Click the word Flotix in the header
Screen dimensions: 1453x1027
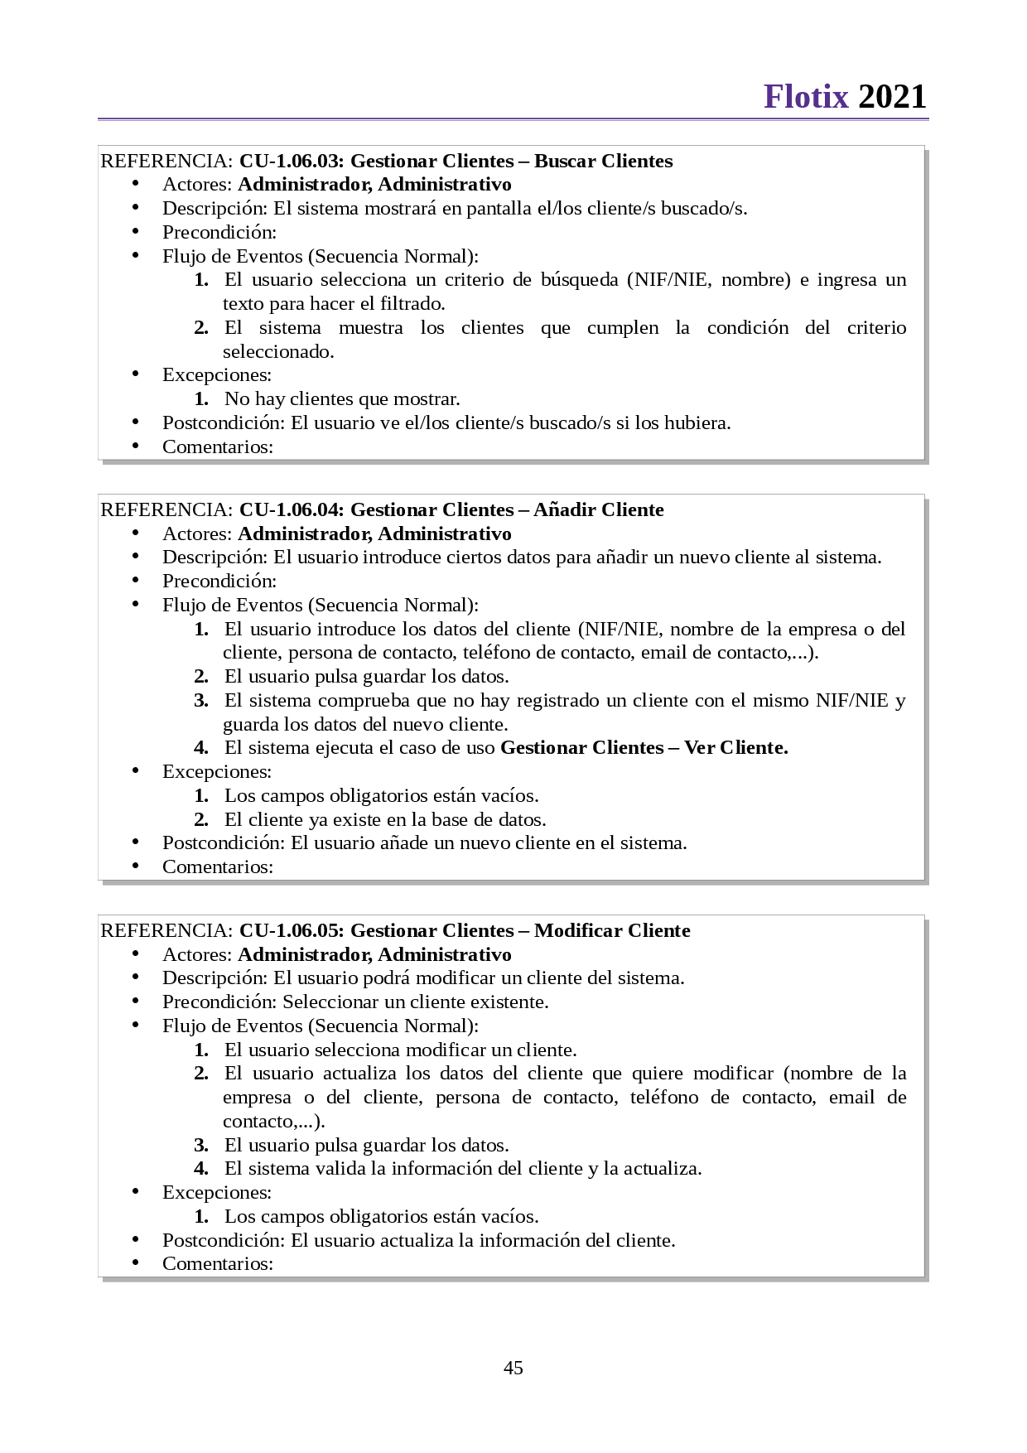pos(806,97)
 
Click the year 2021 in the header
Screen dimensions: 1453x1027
pos(892,97)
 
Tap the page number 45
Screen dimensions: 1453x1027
pos(513,1368)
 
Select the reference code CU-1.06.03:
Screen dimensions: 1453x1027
pos(291,161)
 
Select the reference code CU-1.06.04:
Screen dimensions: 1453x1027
pos(291,509)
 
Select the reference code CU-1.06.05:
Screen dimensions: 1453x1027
pos(291,930)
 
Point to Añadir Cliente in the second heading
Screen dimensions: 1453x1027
pos(598,509)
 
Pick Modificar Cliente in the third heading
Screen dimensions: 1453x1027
pos(612,930)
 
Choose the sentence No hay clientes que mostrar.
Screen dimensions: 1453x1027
pos(342,398)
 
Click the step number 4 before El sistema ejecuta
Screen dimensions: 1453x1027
pos(201,747)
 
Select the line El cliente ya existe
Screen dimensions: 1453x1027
pos(385,819)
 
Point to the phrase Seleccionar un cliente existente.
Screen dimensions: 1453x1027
pos(415,1002)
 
